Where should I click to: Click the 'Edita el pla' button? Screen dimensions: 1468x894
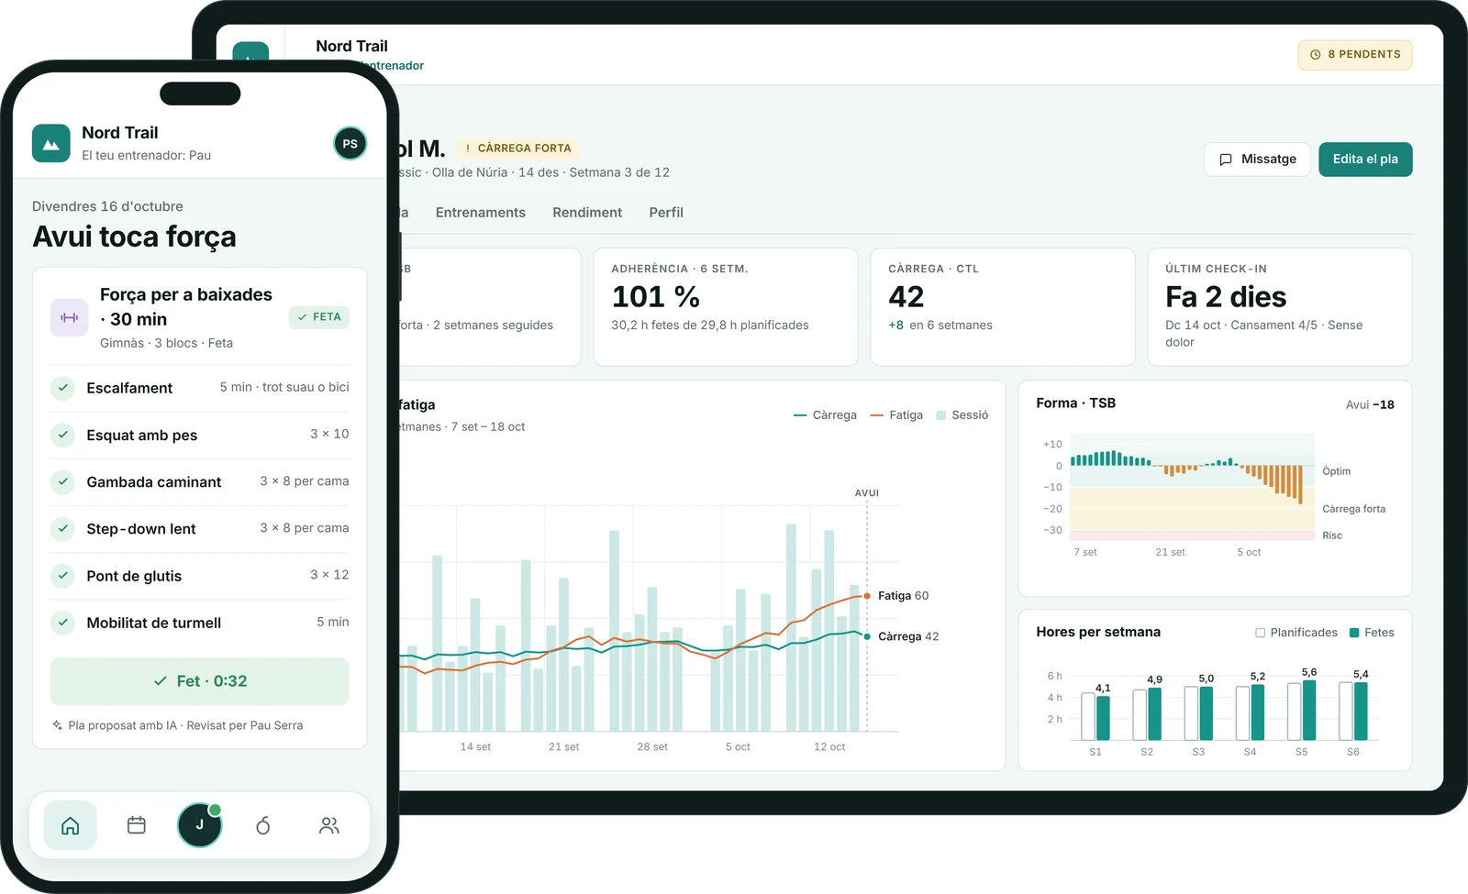pyautogui.click(x=1365, y=160)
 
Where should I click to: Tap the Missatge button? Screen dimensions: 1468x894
pyautogui.click(x=1257, y=160)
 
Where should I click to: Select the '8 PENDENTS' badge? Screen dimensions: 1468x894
pyautogui.click(x=1354, y=54)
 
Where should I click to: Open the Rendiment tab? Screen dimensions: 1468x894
pyautogui.click(x=587, y=212)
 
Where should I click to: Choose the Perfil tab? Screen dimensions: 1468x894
pyautogui.click(x=666, y=212)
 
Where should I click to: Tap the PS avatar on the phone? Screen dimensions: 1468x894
pyautogui.click(x=350, y=143)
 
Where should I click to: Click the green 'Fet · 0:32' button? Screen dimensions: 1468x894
pyautogui.click(x=199, y=681)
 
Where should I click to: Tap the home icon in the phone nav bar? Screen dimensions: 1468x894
pyautogui.click(x=70, y=825)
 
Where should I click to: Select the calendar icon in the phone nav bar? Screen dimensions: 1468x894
pyautogui.click(x=137, y=825)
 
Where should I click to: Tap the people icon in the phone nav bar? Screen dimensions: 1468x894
pyautogui.click(x=329, y=825)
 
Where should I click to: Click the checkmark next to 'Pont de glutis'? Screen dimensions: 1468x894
pyautogui.click(x=63, y=576)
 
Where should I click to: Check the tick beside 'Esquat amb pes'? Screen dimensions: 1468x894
pyautogui.click(x=63, y=435)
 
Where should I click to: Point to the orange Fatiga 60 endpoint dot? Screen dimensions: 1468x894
pyautogui.click(x=867, y=595)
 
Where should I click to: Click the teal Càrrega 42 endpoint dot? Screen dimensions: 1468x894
pyautogui.click(x=867, y=636)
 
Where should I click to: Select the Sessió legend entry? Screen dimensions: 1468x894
pyautogui.click(x=962, y=414)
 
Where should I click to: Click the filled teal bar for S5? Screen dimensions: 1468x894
pyautogui.click(x=1308, y=710)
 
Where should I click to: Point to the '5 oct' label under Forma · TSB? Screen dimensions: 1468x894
pyautogui.click(x=1249, y=552)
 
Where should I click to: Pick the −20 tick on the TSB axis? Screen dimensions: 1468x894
pyautogui.click(x=1052, y=508)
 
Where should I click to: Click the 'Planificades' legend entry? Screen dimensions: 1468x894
pyautogui.click(x=1296, y=632)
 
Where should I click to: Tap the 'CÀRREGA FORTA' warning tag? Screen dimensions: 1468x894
pyautogui.click(x=517, y=148)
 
